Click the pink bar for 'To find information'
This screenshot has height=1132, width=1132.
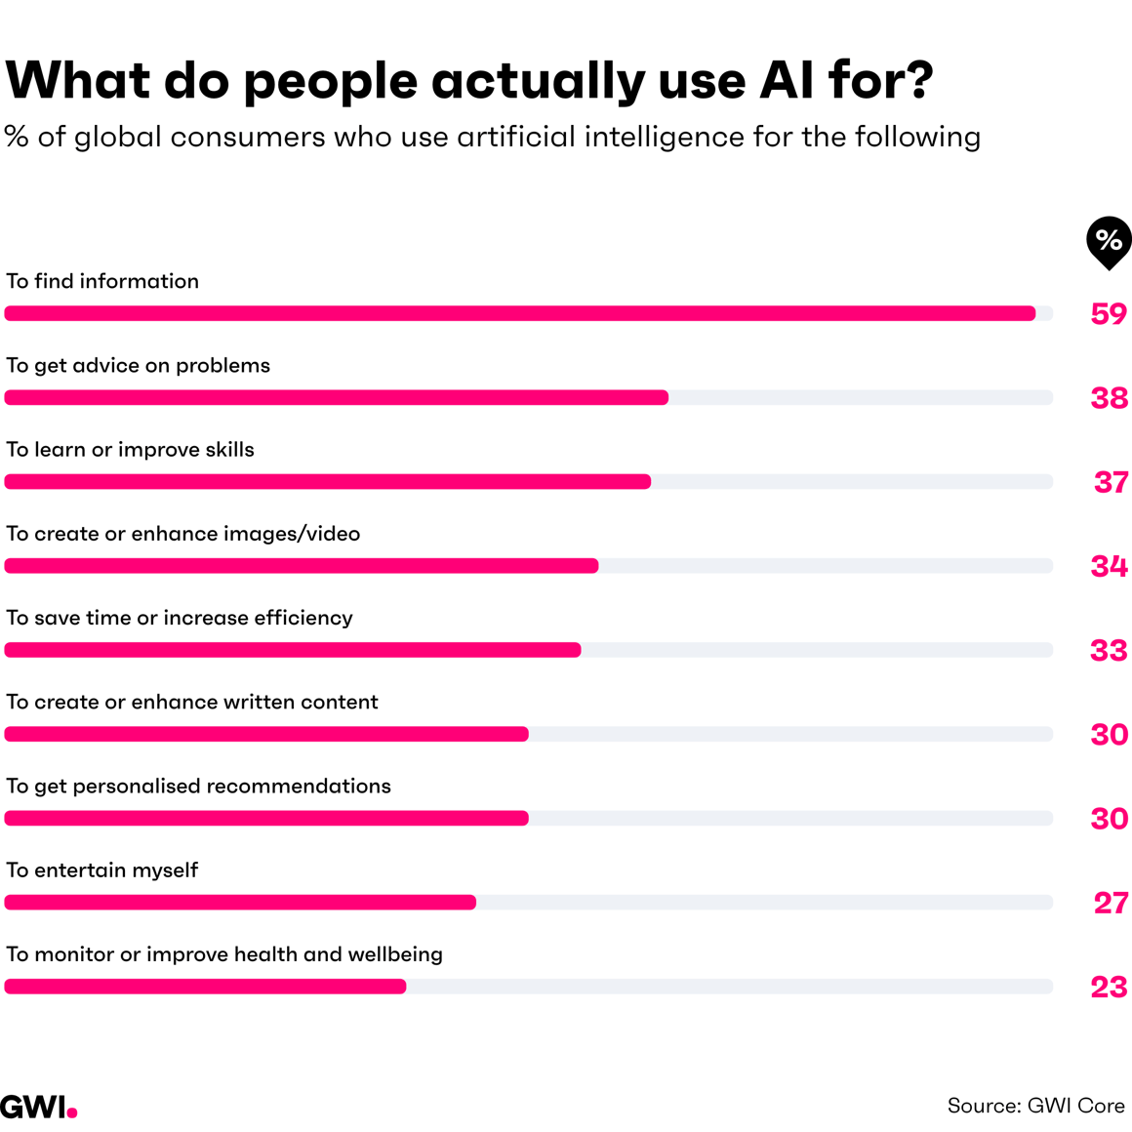point(519,313)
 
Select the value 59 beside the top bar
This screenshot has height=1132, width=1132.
point(1109,314)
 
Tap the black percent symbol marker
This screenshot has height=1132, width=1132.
point(1109,241)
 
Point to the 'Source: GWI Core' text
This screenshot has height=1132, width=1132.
point(1035,1106)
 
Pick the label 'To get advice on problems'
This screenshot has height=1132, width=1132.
point(138,366)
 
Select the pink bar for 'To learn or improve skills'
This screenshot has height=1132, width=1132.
point(327,482)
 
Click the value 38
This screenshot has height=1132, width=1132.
point(1109,398)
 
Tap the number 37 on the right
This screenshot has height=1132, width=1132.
point(1111,482)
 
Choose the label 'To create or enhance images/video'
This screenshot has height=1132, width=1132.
point(182,534)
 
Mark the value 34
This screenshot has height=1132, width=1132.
point(1109,566)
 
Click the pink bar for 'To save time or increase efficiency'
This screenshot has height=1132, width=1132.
point(293,650)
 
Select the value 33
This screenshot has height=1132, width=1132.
point(1109,650)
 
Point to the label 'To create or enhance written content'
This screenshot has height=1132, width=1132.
point(191,703)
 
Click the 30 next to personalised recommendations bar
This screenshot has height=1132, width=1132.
point(1109,819)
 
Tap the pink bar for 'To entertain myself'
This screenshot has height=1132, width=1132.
point(240,903)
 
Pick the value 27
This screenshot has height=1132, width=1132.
point(1111,903)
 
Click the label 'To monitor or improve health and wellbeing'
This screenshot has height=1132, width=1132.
point(223,954)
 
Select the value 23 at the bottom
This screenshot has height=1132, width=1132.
point(1109,987)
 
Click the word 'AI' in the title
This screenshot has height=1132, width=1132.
point(787,80)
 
